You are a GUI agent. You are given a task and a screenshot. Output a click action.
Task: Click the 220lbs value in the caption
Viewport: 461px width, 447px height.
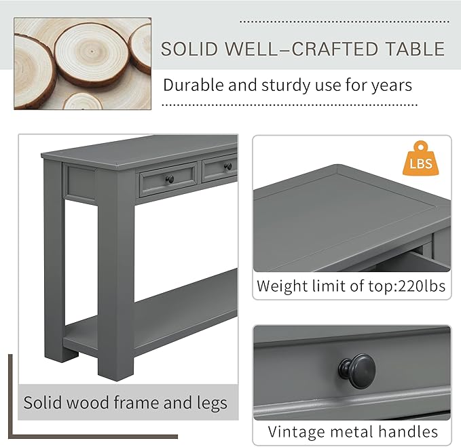(x=417, y=286)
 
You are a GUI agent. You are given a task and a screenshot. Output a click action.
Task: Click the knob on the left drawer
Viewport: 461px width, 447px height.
(x=170, y=180)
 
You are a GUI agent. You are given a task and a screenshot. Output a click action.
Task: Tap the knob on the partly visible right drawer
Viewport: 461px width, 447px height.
(x=229, y=166)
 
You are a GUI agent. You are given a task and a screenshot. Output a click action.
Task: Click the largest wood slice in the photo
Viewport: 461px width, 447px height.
(x=92, y=53)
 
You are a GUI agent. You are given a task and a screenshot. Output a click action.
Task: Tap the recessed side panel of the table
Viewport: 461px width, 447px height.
(x=80, y=182)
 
